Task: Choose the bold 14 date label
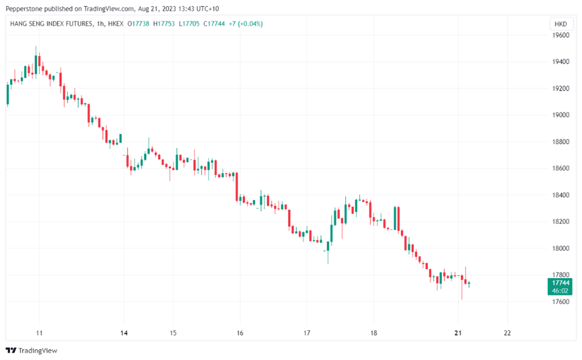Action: point(124,332)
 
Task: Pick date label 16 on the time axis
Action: point(240,332)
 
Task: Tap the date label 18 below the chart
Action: point(373,332)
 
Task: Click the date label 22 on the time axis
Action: point(507,332)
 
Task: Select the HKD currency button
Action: point(561,24)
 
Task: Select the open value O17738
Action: point(138,24)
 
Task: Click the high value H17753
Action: point(165,24)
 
